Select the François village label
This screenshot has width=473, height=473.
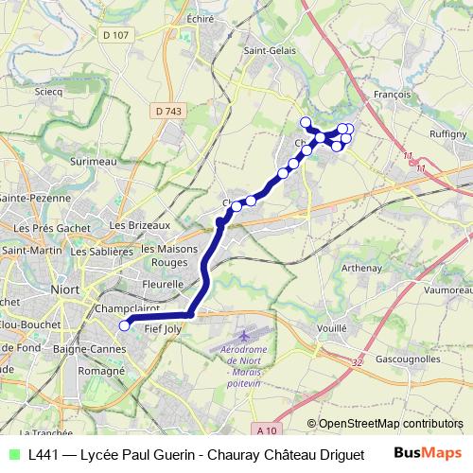[x=392, y=95]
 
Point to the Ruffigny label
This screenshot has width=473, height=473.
[x=447, y=134]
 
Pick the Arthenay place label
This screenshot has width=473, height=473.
[x=361, y=268]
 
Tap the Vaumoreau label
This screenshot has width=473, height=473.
[x=447, y=290]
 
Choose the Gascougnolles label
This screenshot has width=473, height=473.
[x=408, y=360]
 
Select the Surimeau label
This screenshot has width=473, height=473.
[x=92, y=161]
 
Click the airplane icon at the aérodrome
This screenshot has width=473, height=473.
[x=247, y=336]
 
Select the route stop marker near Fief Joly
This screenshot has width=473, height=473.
[x=123, y=326]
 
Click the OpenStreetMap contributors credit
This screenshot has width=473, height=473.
[x=384, y=424]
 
